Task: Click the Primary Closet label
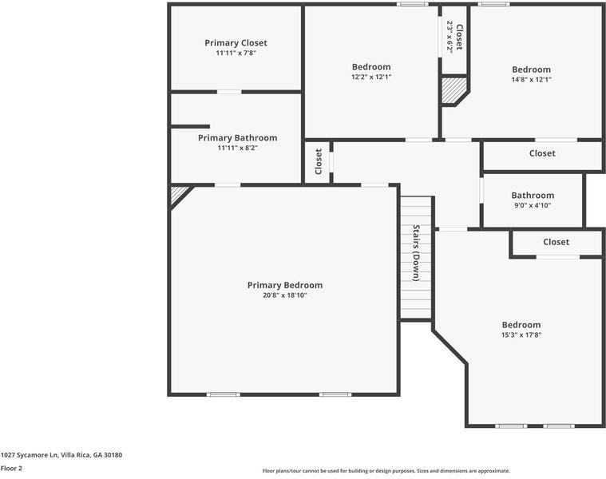tap(236, 43)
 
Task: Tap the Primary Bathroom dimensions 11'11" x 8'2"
tap(237, 148)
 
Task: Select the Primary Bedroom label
tap(284, 285)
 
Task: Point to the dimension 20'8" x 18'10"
tap(284, 295)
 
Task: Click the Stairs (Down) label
tap(416, 253)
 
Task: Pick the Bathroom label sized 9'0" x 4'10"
tap(533, 196)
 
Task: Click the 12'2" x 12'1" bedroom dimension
tap(371, 77)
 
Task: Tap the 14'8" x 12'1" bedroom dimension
tap(531, 80)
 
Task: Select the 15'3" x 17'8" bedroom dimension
tap(521, 335)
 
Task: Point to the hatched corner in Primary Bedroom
tap(178, 194)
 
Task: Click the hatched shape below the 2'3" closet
tap(453, 90)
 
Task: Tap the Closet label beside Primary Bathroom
tap(319, 161)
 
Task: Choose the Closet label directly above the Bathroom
tap(542, 153)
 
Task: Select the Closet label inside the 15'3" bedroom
tap(556, 242)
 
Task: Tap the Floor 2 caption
tap(11, 468)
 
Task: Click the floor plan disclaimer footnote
tap(386, 471)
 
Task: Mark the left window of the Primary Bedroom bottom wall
tap(224, 394)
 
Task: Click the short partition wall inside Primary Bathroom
tap(190, 126)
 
